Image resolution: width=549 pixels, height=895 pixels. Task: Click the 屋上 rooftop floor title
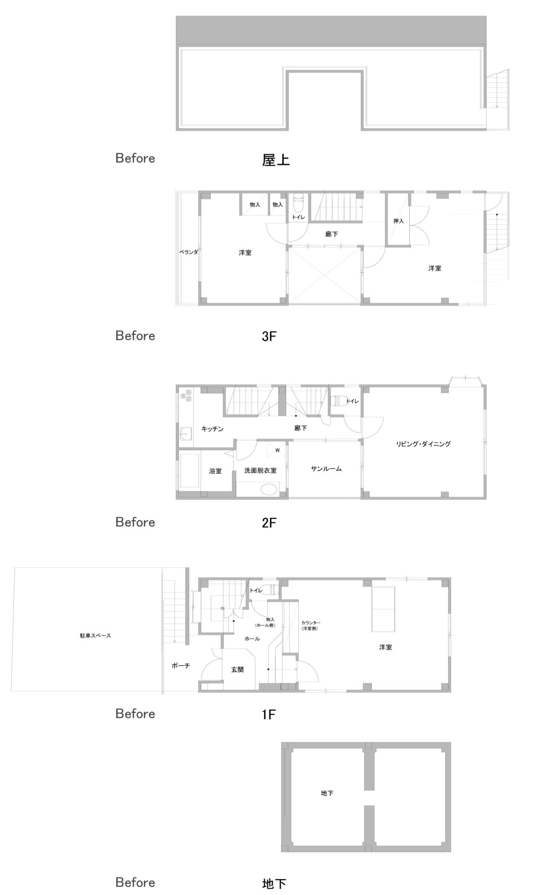276,160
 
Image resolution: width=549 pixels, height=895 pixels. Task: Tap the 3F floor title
269,336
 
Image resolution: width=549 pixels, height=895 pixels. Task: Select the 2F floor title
269,523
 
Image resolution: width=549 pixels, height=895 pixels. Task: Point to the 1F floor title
269,714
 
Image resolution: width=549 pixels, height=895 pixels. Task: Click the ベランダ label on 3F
189,252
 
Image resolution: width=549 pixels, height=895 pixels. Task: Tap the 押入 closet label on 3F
398,221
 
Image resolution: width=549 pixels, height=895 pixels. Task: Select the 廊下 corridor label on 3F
331,234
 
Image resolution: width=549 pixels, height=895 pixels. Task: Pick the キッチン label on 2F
213,428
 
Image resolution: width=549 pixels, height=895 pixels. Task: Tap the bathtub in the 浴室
190,470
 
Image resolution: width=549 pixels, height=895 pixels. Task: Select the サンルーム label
326,468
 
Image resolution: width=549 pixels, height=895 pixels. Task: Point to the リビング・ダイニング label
423,444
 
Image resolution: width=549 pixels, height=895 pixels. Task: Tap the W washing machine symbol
277,450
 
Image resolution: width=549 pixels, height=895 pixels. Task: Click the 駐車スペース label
96,635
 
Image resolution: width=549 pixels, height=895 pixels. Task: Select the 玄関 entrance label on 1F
237,669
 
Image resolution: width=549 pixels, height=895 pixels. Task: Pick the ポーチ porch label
181,666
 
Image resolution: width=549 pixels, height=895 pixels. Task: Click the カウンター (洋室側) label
311,625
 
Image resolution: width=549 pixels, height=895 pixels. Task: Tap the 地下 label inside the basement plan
327,793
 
